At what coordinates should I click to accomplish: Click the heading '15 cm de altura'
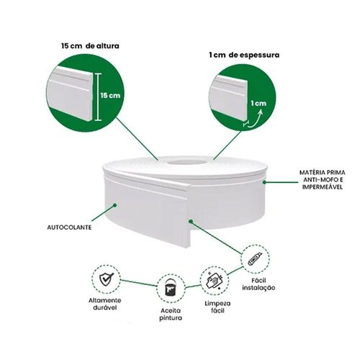tap(90, 45)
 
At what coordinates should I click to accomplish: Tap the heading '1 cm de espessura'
tap(244, 55)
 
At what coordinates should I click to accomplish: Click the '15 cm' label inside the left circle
tap(110, 95)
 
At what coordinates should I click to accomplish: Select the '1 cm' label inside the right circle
tap(258, 104)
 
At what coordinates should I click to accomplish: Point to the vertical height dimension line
tap(98, 96)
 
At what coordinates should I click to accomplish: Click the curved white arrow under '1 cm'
tap(255, 117)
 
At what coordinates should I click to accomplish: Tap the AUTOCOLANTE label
tap(69, 228)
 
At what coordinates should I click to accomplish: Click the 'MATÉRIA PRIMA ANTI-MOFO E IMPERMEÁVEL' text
tap(323, 179)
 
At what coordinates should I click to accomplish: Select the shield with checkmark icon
tap(107, 279)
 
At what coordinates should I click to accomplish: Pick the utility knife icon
tap(255, 258)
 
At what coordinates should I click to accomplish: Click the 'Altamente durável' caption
tap(105, 304)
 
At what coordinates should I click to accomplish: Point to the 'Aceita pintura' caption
tap(171, 315)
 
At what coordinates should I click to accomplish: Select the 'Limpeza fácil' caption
tap(217, 307)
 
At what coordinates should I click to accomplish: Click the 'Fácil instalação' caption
tap(258, 284)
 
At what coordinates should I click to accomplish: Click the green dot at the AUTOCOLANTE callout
tap(115, 205)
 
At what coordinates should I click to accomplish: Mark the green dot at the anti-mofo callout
tap(264, 182)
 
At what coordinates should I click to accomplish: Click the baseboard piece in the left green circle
tap(70, 94)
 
